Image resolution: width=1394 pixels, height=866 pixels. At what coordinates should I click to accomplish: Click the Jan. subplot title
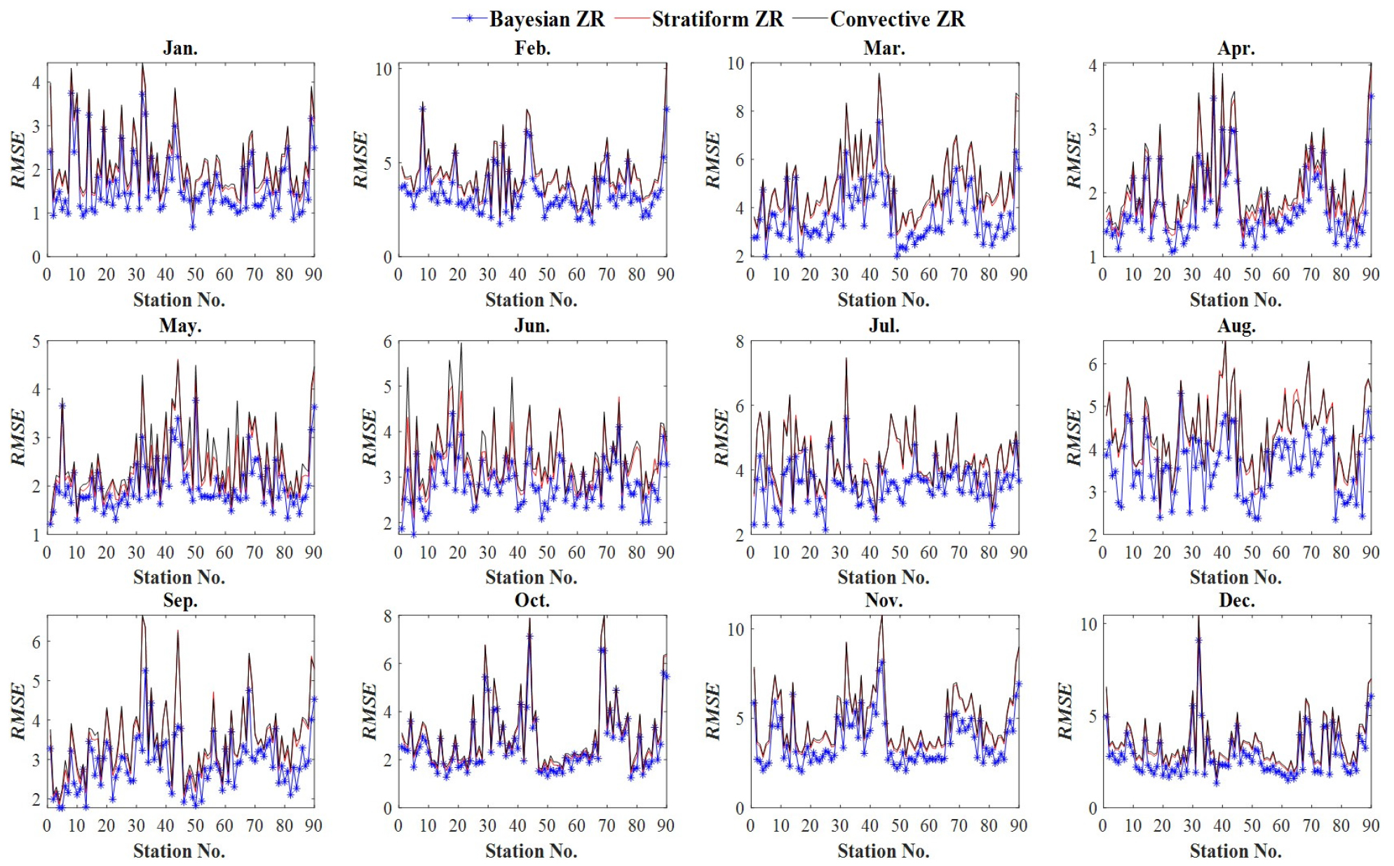180,48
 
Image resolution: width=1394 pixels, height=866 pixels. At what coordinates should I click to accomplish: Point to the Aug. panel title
1236,326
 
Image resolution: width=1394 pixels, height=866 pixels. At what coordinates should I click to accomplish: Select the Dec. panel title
1236,600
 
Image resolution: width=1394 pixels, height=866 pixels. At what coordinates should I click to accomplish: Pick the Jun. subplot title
532,326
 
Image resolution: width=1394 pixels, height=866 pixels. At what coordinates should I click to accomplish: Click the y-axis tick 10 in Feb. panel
384,69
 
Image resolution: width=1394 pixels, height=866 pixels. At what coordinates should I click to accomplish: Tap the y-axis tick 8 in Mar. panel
739,111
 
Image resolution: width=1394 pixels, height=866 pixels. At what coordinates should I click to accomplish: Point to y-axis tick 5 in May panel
36,341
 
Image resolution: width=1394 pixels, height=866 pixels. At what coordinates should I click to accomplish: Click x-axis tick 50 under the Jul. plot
900,553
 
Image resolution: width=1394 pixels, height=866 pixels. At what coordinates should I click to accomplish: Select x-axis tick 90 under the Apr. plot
1370,274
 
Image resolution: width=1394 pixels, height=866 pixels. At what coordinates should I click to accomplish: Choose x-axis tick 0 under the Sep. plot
47,825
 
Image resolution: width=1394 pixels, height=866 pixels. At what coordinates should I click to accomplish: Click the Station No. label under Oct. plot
532,851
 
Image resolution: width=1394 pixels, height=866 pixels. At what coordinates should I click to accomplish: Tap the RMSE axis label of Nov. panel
713,711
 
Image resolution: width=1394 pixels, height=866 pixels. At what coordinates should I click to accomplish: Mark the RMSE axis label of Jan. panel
18,160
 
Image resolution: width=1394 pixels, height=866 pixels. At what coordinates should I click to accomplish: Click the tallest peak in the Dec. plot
1198,617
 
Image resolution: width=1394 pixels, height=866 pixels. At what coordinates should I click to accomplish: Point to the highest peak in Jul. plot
846,358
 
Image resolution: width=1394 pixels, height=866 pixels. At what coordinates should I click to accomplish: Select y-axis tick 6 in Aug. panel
1092,365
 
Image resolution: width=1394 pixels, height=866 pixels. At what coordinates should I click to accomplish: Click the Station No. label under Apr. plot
1236,300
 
